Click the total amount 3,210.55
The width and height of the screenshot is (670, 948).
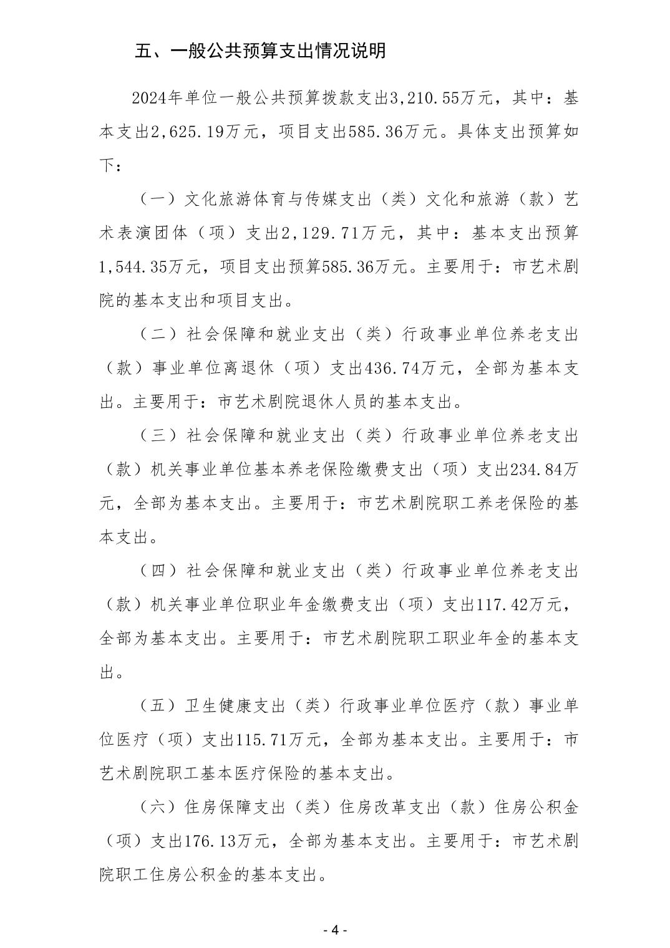pos(424,98)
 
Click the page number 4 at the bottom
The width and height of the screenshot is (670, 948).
pos(334,930)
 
